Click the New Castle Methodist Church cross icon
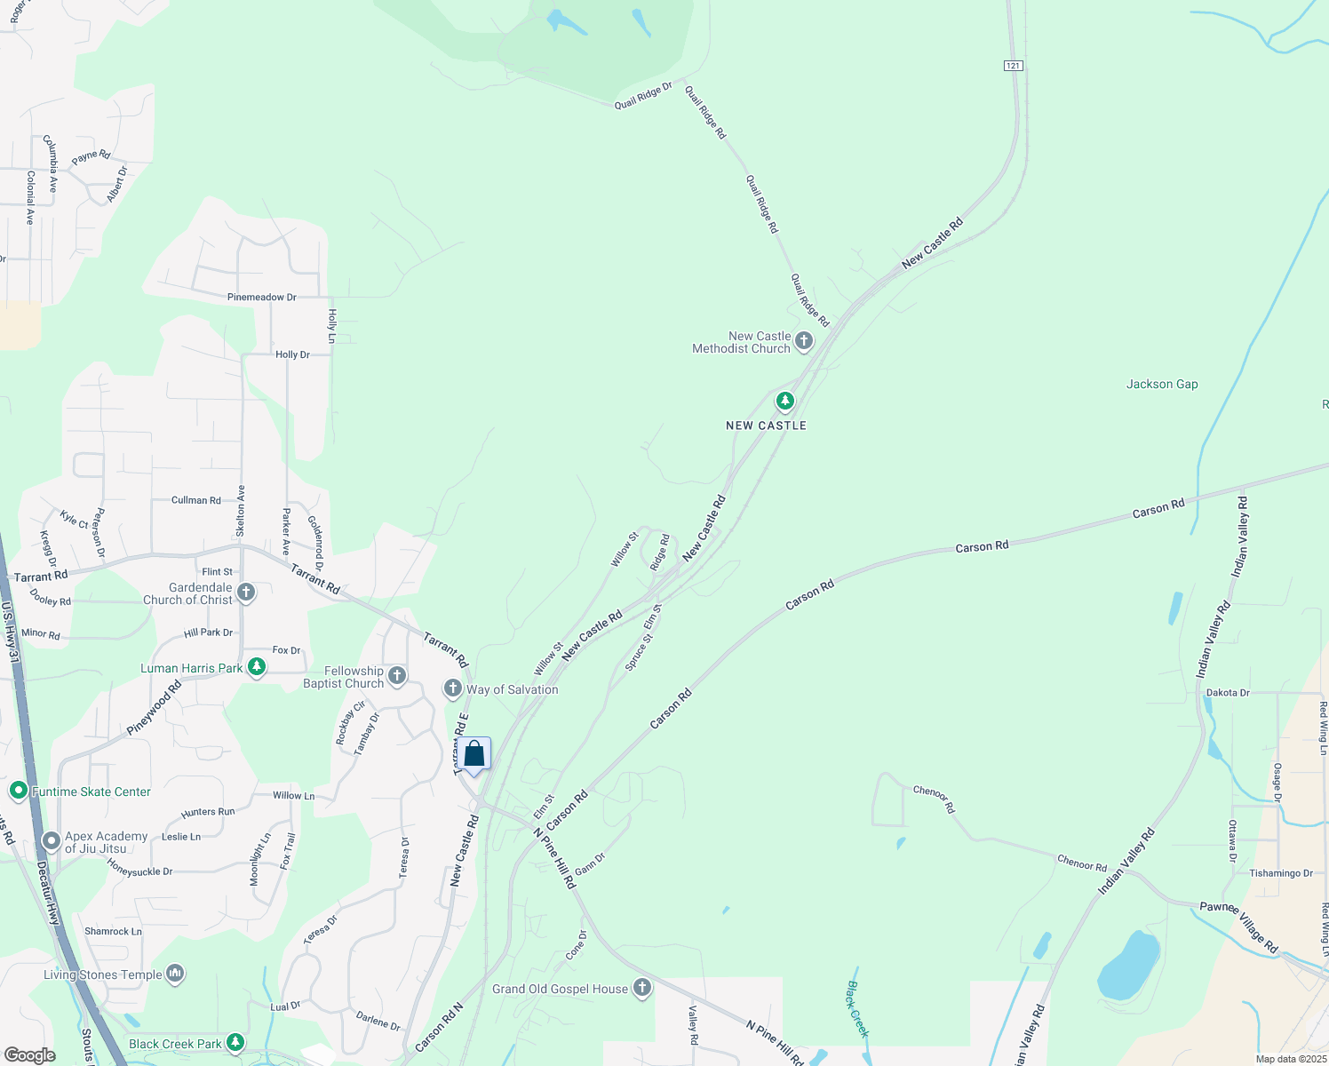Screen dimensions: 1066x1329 pos(804,341)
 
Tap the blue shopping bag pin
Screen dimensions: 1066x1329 pos(474,754)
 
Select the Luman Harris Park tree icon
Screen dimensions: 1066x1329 pos(257,667)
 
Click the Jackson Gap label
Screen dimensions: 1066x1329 pos(1162,384)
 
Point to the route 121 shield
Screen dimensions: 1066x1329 pos(1014,66)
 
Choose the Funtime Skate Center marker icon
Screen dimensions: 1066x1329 pos(18,790)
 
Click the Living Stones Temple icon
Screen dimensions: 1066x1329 pos(175,975)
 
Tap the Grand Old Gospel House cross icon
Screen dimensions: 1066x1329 pos(642,988)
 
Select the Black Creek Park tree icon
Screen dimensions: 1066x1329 pos(235,1042)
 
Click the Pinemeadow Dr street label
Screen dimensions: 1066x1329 pos(261,297)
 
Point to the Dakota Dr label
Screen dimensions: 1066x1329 pos(1228,693)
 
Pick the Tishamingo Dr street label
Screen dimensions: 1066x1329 pos(1281,873)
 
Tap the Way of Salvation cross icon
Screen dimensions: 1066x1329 pos(453,688)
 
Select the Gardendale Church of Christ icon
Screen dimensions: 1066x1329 pos(246,593)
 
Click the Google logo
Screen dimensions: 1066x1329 pos(29,1054)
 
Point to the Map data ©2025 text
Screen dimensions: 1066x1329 pos(1291,1059)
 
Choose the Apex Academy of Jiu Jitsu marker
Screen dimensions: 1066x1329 pos(52,840)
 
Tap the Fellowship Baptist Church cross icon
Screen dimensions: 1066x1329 pos(397,676)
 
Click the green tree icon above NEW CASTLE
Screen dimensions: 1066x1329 pos(785,402)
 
